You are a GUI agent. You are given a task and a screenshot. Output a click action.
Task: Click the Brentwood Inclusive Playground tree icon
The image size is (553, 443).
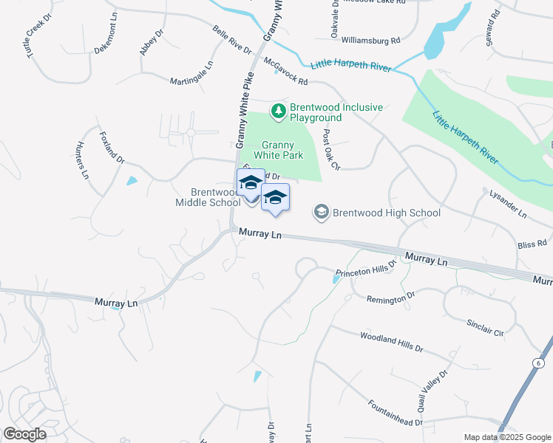[279, 111]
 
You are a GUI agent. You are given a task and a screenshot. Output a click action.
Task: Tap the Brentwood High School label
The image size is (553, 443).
[387, 213]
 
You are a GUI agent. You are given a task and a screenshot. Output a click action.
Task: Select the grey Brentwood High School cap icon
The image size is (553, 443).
[322, 213]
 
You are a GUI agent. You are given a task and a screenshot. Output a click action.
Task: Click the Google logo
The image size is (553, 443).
[24, 434]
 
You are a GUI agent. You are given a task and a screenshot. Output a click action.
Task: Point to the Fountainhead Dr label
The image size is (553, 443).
[395, 413]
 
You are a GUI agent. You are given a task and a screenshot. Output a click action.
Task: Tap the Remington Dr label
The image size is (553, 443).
[391, 298]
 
